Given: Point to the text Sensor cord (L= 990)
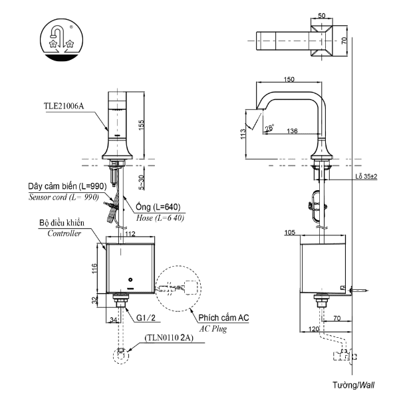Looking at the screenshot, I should pyautogui.click(x=63, y=198).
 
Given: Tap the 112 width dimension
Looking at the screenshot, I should pyautogui.click(x=130, y=233).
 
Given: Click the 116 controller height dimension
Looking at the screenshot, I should pyautogui.click(x=95, y=269).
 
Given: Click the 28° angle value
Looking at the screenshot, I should pyautogui.click(x=268, y=128).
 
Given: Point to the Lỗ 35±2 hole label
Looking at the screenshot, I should pyautogui.click(x=366, y=176).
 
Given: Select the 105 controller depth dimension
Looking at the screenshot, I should pyautogui.click(x=308, y=233).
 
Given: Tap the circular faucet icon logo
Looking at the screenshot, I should pyautogui.click(x=61, y=41).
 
